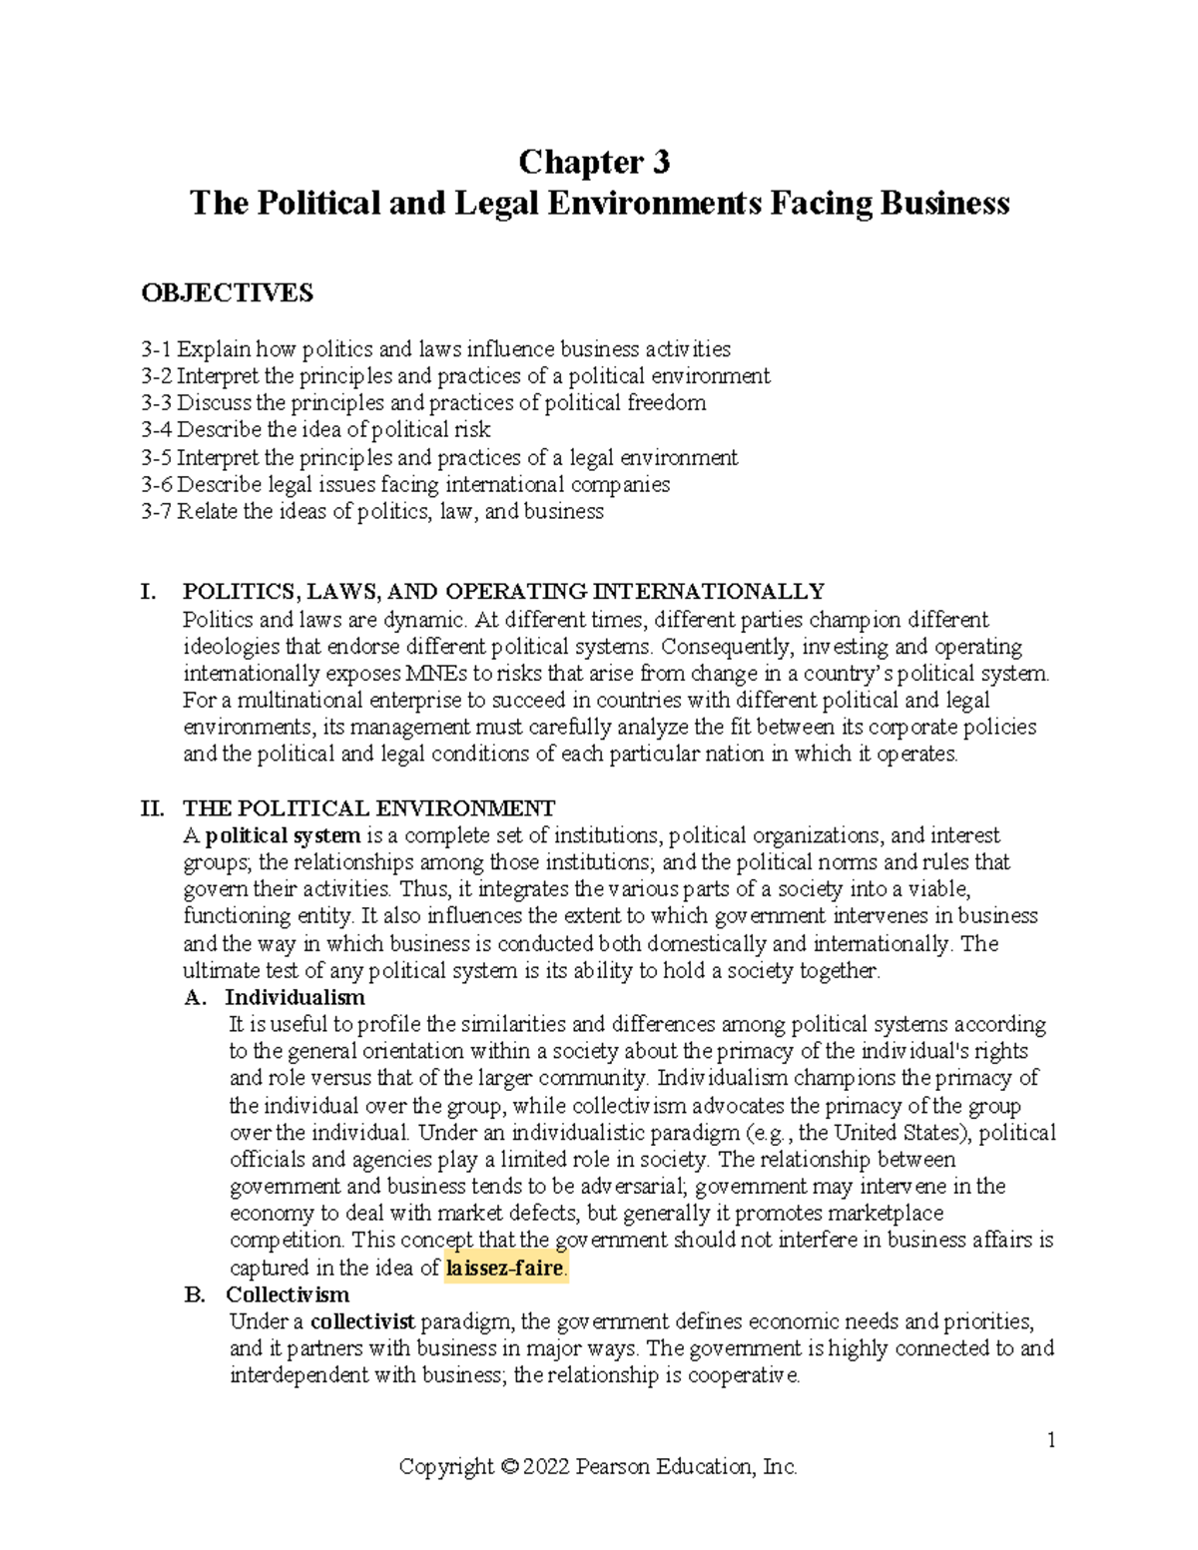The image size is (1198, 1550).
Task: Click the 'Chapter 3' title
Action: [599, 162]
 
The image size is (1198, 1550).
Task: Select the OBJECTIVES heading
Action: [227, 292]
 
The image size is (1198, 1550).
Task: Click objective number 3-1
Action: [157, 349]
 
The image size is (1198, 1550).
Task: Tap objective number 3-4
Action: [157, 430]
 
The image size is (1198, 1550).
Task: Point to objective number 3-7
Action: [157, 512]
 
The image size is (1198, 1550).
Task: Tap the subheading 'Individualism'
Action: [295, 997]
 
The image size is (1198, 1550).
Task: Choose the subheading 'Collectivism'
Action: [288, 1295]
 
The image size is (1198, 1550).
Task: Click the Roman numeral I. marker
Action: [148, 592]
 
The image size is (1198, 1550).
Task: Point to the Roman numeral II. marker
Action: [151, 807]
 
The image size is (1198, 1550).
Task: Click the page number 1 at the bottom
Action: [1051, 1440]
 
